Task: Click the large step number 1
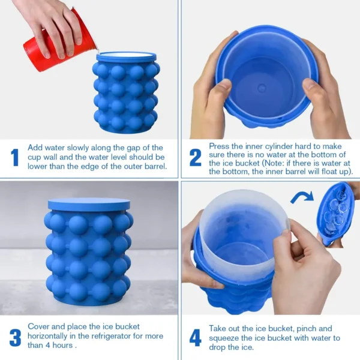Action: [14, 157]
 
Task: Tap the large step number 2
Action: [196, 157]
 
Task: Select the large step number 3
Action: [15, 338]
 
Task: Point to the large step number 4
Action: [196, 338]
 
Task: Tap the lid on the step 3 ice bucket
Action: [89, 204]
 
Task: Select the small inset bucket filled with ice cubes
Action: [336, 213]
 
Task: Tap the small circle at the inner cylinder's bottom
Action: [262, 88]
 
